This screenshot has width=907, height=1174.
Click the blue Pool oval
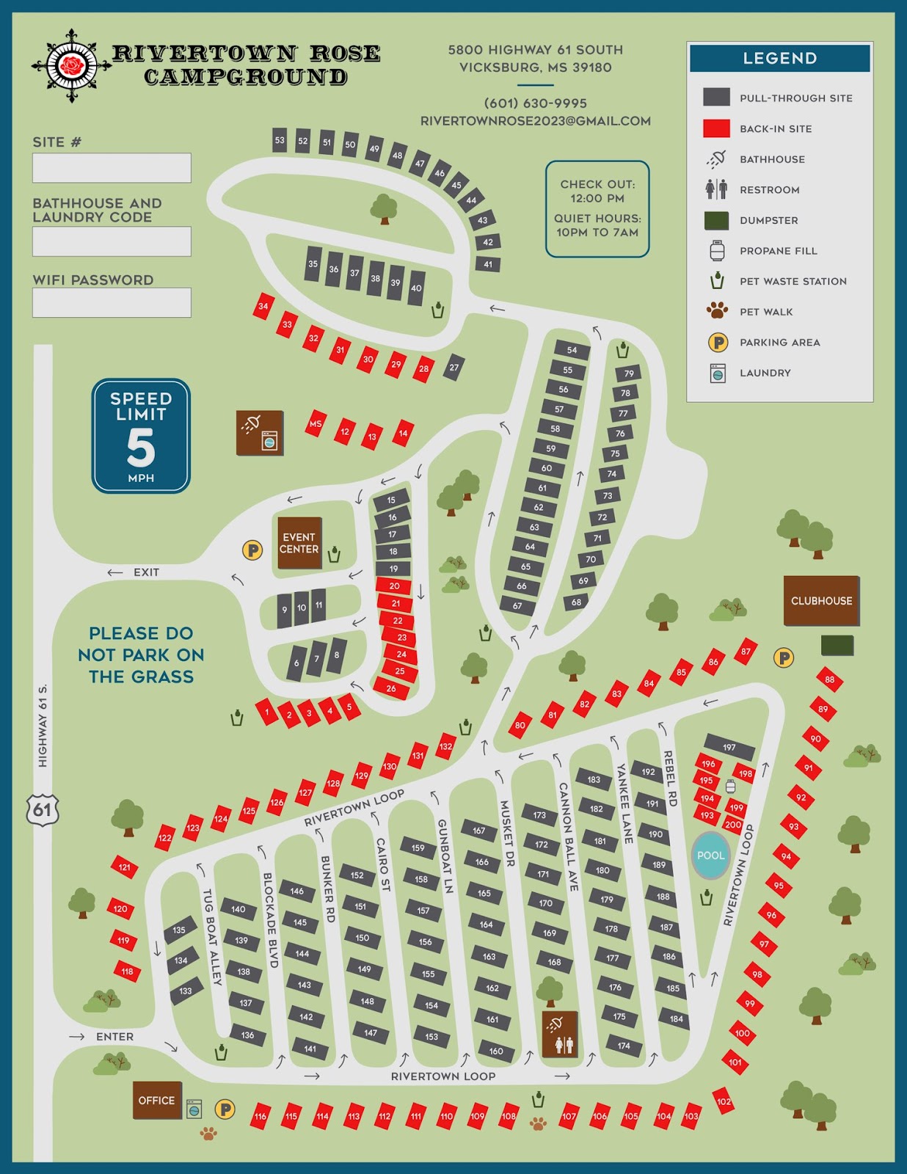click(710, 856)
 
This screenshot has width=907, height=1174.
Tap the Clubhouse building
click(821, 600)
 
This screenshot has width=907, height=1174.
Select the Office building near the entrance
click(157, 1100)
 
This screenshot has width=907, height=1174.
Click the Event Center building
click(299, 543)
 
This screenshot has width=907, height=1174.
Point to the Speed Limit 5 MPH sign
click(141, 436)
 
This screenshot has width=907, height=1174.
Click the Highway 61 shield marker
click(42, 810)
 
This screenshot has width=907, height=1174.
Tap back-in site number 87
click(746, 652)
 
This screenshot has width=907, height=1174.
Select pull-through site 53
click(280, 140)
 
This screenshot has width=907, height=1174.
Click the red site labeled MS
click(316, 423)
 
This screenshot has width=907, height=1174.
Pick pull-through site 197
click(729, 747)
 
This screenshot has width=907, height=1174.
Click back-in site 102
click(724, 1101)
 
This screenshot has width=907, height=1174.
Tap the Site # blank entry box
click(112, 168)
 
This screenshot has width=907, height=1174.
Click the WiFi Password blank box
click(112, 302)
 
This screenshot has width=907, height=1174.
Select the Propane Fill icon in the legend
click(717, 251)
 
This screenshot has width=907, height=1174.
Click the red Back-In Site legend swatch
click(716, 128)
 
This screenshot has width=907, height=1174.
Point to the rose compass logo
click(71, 65)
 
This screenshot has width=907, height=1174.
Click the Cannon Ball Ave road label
click(569, 836)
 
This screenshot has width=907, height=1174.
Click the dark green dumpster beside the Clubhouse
click(837, 645)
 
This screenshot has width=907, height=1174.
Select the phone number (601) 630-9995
click(536, 103)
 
